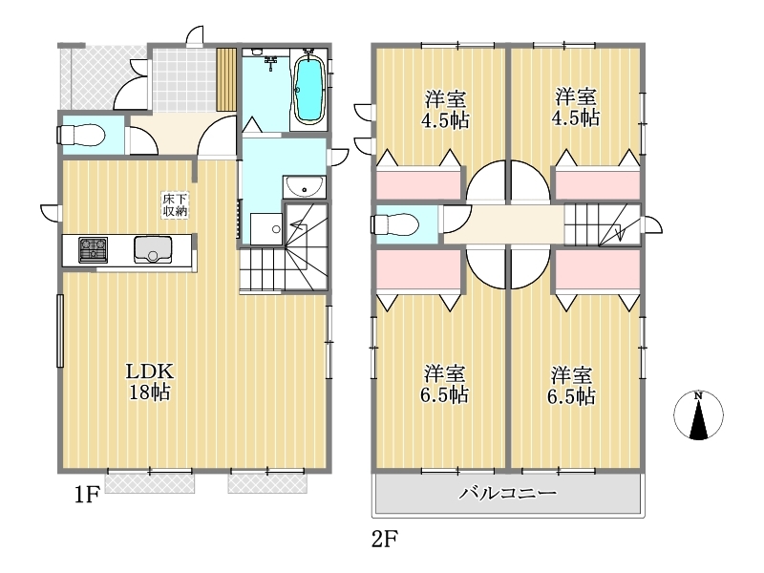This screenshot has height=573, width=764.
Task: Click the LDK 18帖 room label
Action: click(x=150, y=381)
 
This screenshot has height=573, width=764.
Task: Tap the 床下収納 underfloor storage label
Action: click(x=175, y=205)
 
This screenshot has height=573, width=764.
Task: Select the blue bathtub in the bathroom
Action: click(x=309, y=90)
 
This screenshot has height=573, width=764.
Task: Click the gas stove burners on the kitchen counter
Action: click(x=93, y=249)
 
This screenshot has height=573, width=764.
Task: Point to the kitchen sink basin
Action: click(x=153, y=249)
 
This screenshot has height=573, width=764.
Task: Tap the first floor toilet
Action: click(x=81, y=135)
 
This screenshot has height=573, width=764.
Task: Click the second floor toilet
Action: click(x=394, y=225)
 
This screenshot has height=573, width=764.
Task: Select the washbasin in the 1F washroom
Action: click(x=305, y=187)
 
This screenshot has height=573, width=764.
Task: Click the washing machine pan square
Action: click(x=266, y=228)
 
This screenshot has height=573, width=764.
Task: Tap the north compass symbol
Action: click(x=698, y=414)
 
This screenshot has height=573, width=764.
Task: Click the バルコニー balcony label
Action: click(x=508, y=494)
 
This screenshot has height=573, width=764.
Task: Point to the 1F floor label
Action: click(x=87, y=495)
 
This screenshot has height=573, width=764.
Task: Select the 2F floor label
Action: click(x=385, y=540)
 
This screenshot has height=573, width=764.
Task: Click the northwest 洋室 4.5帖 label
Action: click(x=445, y=109)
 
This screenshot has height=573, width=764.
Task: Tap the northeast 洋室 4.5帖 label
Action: click(x=576, y=107)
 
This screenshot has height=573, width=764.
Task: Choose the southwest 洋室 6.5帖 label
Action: click(x=444, y=384)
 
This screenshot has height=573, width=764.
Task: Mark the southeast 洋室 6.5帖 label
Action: click(x=571, y=386)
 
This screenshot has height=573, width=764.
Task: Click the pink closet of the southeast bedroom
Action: click(x=598, y=269)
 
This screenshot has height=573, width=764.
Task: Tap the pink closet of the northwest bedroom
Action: click(x=418, y=182)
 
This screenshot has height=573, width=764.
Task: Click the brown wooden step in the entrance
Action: click(x=226, y=79)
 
